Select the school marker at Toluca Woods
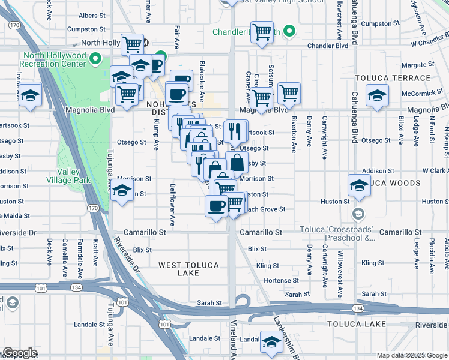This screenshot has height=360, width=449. pos(359,185)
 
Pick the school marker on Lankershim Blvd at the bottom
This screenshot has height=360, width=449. pos(272,343)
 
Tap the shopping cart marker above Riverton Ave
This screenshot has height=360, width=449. pos(289,92)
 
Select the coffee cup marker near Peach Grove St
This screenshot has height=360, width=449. pos(216,206)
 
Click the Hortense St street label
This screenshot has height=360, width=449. pos(282,280)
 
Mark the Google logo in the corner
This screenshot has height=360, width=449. pos(19,353)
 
